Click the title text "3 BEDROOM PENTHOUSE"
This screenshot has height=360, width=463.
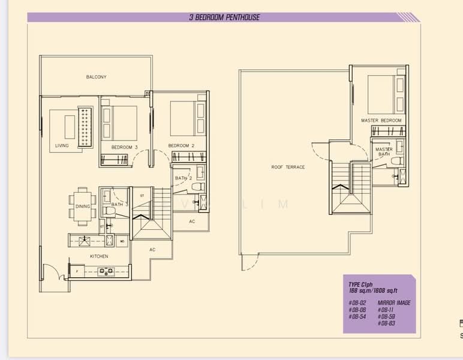[224, 17]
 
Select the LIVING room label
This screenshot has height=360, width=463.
[62, 146]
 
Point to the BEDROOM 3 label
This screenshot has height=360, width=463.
[124, 146]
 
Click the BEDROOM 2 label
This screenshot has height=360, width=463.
[181, 146]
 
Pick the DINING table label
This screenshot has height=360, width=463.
[83, 206]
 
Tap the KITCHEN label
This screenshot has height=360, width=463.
[99, 256]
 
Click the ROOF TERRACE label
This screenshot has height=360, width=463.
[288, 167]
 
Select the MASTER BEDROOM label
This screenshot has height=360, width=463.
[381, 121]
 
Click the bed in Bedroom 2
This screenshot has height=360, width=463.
[184, 118]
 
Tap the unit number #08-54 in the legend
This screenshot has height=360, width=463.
[357, 316]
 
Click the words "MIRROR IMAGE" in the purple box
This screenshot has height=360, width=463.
[394, 303]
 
